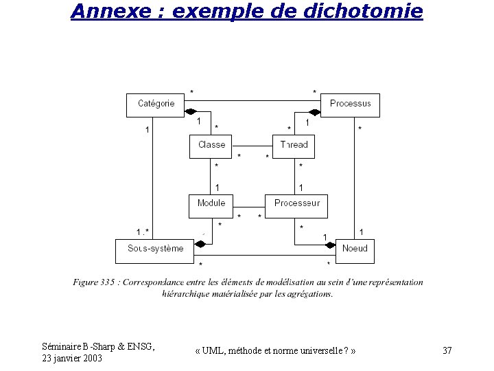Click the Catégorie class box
pos(156,104)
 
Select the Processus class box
pos(350,104)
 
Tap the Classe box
pos(211,146)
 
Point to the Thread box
pos(294,146)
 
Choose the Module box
pos(211,204)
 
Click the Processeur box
pos(296,204)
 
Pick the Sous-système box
pos(155,249)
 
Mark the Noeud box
pos(355,249)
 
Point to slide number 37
pos(447,351)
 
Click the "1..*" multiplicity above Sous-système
pos(143,232)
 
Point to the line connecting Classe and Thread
pos(252,146)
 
